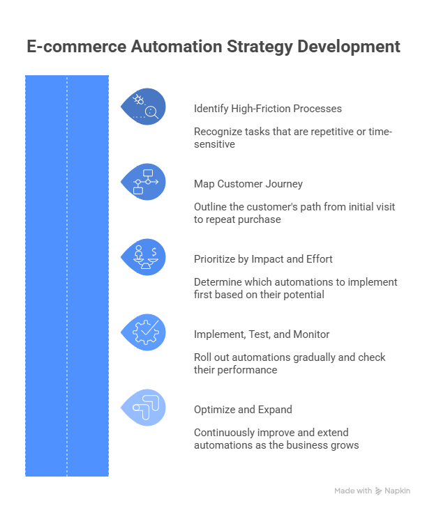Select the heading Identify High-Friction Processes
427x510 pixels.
pos(267,109)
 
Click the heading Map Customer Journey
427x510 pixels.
pos(248,184)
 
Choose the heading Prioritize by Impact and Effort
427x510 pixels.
pos(262,259)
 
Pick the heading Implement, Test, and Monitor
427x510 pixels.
pos(261,334)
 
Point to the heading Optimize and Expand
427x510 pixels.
pos(242,410)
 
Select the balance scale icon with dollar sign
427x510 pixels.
pos(144,257)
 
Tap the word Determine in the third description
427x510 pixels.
pos(217,282)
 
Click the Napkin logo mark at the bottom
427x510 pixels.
pos(379,491)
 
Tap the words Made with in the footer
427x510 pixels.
pos(352,491)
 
